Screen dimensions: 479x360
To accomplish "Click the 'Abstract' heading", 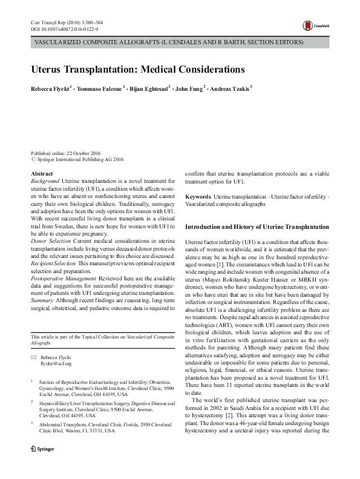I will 41,174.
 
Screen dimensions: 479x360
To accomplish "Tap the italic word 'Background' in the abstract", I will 45,181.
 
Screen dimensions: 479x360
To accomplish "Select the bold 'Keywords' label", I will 198,197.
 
